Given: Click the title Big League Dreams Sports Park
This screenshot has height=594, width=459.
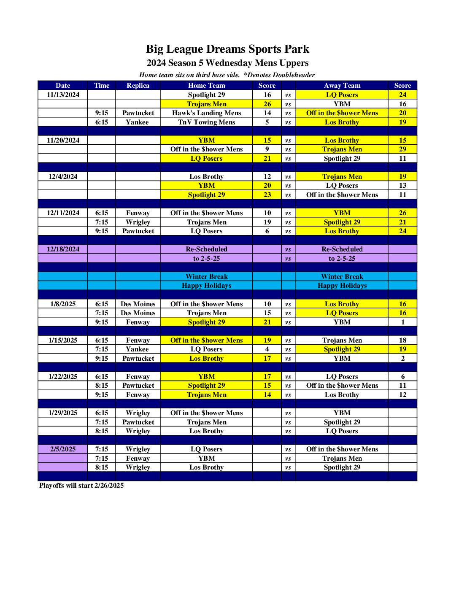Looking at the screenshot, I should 227,49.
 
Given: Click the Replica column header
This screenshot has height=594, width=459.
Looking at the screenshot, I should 138,86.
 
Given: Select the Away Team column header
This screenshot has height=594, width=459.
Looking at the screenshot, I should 342,86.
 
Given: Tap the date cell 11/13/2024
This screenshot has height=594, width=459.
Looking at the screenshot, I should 63,95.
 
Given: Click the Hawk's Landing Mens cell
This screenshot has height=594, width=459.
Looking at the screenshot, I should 206,113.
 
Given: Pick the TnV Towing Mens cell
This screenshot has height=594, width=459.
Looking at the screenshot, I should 206,122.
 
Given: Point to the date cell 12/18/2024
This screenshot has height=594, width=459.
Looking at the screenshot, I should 63,249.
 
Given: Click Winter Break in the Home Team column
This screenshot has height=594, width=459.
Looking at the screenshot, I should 206,277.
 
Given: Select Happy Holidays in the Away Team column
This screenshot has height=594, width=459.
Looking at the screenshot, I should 342,286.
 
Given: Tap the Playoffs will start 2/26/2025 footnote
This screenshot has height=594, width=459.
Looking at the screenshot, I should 81,486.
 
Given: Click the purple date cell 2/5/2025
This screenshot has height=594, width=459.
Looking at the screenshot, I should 63,449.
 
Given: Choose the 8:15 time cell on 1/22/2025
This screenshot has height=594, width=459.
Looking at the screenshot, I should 102,386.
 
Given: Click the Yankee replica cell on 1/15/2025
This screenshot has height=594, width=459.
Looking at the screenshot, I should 138,349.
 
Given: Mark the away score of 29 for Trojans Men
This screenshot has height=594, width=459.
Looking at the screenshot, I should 402,149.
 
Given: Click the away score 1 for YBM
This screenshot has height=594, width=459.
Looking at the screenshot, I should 402,322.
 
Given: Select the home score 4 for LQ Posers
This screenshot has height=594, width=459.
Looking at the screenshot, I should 267,349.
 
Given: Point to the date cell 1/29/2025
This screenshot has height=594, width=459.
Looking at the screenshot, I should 63,413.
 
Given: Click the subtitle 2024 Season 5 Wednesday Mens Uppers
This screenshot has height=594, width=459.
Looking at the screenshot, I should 227,63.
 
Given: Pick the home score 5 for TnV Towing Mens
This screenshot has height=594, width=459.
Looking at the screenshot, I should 267,122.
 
